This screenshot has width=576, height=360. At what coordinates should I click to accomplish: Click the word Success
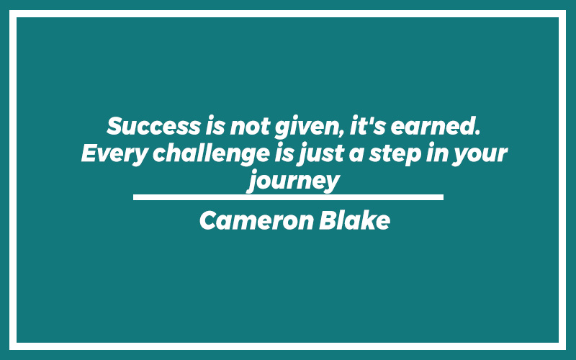click(x=153, y=126)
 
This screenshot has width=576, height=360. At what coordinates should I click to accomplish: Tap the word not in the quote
click(x=250, y=127)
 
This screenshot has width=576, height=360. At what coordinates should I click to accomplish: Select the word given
click(x=308, y=127)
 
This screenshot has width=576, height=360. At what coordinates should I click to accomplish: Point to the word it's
click(x=368, y=125)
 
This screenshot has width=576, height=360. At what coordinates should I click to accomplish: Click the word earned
click(x=433, y=125)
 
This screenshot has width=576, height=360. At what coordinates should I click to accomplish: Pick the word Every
click(x=114, y=154)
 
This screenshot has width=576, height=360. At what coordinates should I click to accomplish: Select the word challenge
click(x=211, y=154)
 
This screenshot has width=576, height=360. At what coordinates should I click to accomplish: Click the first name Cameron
click(x=257, y=220)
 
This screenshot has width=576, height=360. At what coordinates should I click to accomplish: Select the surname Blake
click(x=354, y=220)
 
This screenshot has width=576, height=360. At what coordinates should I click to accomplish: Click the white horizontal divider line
click(x=288, y=197)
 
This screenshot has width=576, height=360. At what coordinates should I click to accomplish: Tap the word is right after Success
click(x=215, y=125)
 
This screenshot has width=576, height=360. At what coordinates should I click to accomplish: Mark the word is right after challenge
click(x=284, y=153)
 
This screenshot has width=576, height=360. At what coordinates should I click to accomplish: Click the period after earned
click(x=477, y=133)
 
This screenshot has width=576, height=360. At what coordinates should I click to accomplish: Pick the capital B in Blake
click(x=328, y=220)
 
